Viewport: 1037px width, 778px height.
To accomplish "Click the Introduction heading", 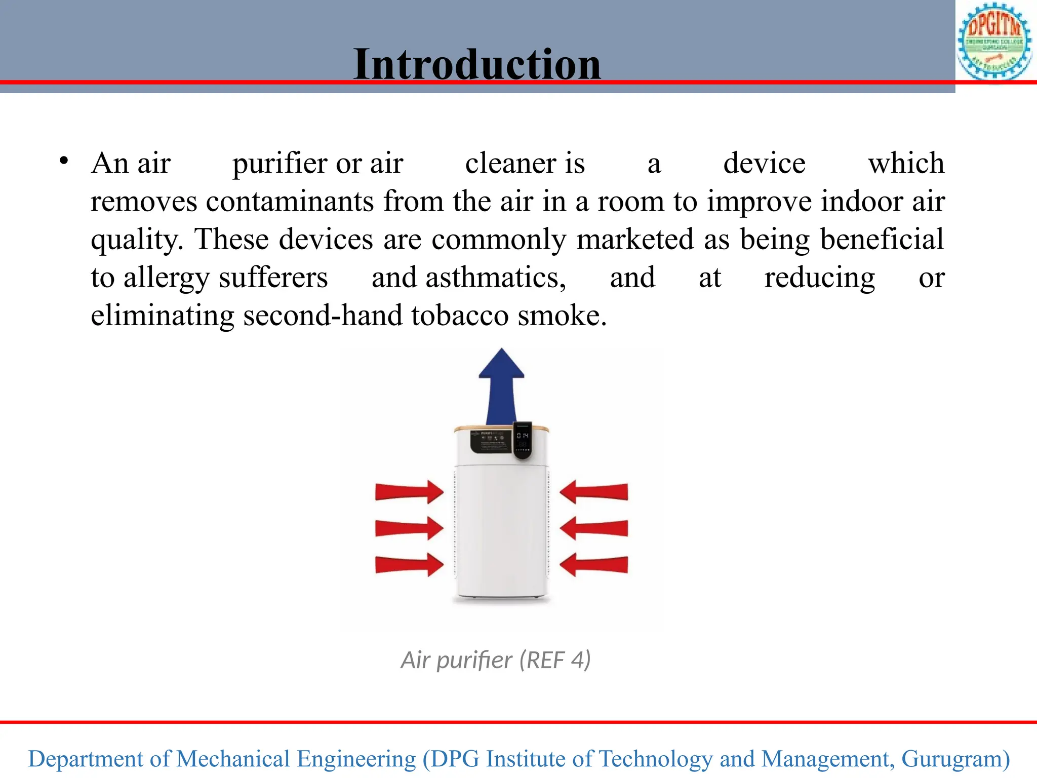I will pyautogui.click(x=477, y=64).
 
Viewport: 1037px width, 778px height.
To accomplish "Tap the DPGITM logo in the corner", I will pyautogui.click(x=994, y=42).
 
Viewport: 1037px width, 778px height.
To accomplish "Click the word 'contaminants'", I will pyautogui.click(x=290, y=201).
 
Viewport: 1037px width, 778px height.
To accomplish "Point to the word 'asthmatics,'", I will pyautogui.click(x=496, y=278).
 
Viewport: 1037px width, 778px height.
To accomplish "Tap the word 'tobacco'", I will pyautogui.click(x=459, y=316).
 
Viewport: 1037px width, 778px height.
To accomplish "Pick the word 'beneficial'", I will pyautogui.click(x=882, y=239).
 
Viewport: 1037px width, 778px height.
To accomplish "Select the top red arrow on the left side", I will pyautogui.click(x=409, y=492).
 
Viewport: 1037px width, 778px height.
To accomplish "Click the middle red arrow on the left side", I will pyautogui.click(x=409, y=528).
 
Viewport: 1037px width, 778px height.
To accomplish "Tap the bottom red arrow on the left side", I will pyautogui.click(x=409, y=565).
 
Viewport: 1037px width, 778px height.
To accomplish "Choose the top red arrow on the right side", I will pyautogui.click(x=594, y=492).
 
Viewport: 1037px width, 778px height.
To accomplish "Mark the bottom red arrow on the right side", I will pyautogui.click(x=594, y=565).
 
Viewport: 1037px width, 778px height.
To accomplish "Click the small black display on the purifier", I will pyautogui.click(x=523, y=440).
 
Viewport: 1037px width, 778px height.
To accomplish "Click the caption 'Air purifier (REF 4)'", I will pyautogui.click(x=496, y=660).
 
